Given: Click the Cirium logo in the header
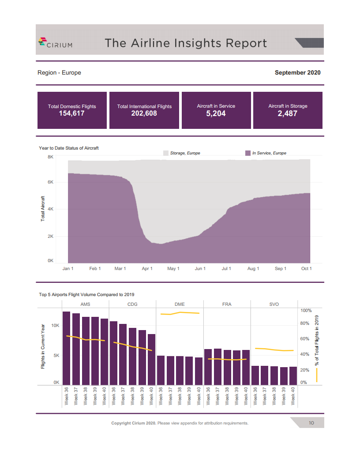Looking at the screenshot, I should pyautogui.click(x=55, y=42).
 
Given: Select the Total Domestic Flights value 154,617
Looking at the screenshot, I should pyautogui.click(x=72, y=114).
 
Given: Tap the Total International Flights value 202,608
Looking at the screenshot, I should pyautogui.click(x=144, y=114).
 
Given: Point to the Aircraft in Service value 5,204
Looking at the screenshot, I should pyautogui.click(x=216, y=114).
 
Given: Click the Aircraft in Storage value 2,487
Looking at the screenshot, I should pyautogui.click(x=288, y=114).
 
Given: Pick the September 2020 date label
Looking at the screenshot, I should pyautogui.click(x=297, y=73).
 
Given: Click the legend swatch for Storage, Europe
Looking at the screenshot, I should pyautogui.click(x=166, y=153).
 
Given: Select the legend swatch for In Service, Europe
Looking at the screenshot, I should pyautogui.click(x=247, y=153).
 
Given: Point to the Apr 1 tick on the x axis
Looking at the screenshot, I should pyautogui.click(x=147, y=269).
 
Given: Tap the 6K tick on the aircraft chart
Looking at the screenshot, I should pyautogui.click(x=50, y=182).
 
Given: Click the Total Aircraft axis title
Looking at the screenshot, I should pyautogui.click(x=43, y=208).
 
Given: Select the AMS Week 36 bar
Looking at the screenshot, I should pyautogui.click(x=67, y=348).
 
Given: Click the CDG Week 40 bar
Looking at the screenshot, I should pyautogui.click(x=152, y=359).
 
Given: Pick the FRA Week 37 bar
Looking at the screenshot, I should pyautogui.click(x=217, y=367).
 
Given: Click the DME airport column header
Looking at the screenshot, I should pyautogui.click(x=180, y=304).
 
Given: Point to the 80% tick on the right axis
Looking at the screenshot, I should pyautogui.click(x=305, y=324).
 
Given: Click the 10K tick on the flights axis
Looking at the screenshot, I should pyautogui.click(x=56, y=325).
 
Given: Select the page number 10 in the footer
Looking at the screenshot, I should pyautogui.click(x=311, y=423).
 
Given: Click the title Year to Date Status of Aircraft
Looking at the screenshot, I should pyautogui.click(x=69, y=148).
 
